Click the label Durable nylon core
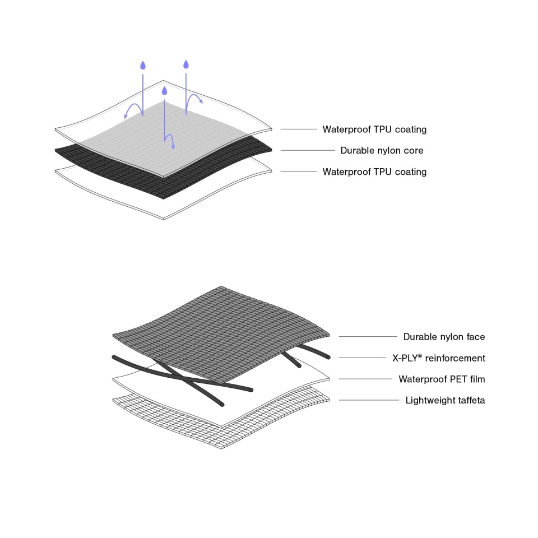(x=382, y=151)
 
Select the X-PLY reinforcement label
(x=439, y=358)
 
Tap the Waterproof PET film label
(x=442, y=379)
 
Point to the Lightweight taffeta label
(x=445, y=400)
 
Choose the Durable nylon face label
(x=444, y=337)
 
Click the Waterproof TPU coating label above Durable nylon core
(x=374, y=129)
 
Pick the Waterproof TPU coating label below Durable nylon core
(x=374, y=172)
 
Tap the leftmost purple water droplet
(x=143, y=65)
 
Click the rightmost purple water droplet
(x=186, y=64)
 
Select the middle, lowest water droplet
(x=164, y=91)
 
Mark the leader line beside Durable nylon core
(x=308, y=150)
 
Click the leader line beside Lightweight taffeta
(x=369, y=400)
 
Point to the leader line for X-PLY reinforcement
(x=363, y=358)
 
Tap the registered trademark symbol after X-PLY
(x=420, y=356)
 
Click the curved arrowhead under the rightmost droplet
(x=201, y=101)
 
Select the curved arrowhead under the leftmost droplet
(x=126, y=117)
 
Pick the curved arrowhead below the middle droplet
(x=173, y=147)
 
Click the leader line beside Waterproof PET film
(x=365, y=379)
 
